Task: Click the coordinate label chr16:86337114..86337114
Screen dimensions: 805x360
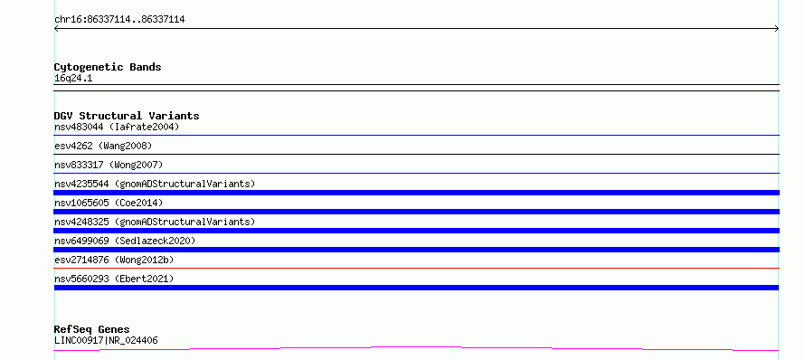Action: point(119,20)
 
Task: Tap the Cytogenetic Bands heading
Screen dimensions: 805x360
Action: point(108,67)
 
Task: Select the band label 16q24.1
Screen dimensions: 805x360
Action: point(73,79)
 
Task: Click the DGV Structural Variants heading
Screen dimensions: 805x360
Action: point(127,116)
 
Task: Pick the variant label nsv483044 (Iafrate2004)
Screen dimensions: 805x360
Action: point(117,127)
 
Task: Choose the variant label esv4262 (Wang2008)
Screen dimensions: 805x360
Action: point(103,146)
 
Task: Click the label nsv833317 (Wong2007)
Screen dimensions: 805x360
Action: point(109,165)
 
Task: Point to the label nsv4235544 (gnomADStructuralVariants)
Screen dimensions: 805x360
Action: point(155,184)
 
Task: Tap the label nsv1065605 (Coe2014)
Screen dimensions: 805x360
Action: point(109,203)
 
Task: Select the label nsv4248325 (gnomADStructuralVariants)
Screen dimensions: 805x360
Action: point(155,222)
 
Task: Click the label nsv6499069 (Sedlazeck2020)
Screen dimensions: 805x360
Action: point(125,241)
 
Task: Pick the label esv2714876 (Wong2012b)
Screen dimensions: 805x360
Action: point(114,260)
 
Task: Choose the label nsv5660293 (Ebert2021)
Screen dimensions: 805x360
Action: point(114,279)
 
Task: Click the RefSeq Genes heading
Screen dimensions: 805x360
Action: point(92,329)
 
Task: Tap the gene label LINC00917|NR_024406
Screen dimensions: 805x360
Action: point(106,340)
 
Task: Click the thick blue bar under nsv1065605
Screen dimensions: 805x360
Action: point(416,212)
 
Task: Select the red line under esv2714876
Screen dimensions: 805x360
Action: point(416,268)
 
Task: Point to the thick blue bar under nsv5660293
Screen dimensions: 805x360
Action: point(416,288)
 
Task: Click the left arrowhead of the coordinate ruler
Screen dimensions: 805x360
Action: point(56,29)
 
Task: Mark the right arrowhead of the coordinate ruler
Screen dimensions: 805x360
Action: point(777,29)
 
